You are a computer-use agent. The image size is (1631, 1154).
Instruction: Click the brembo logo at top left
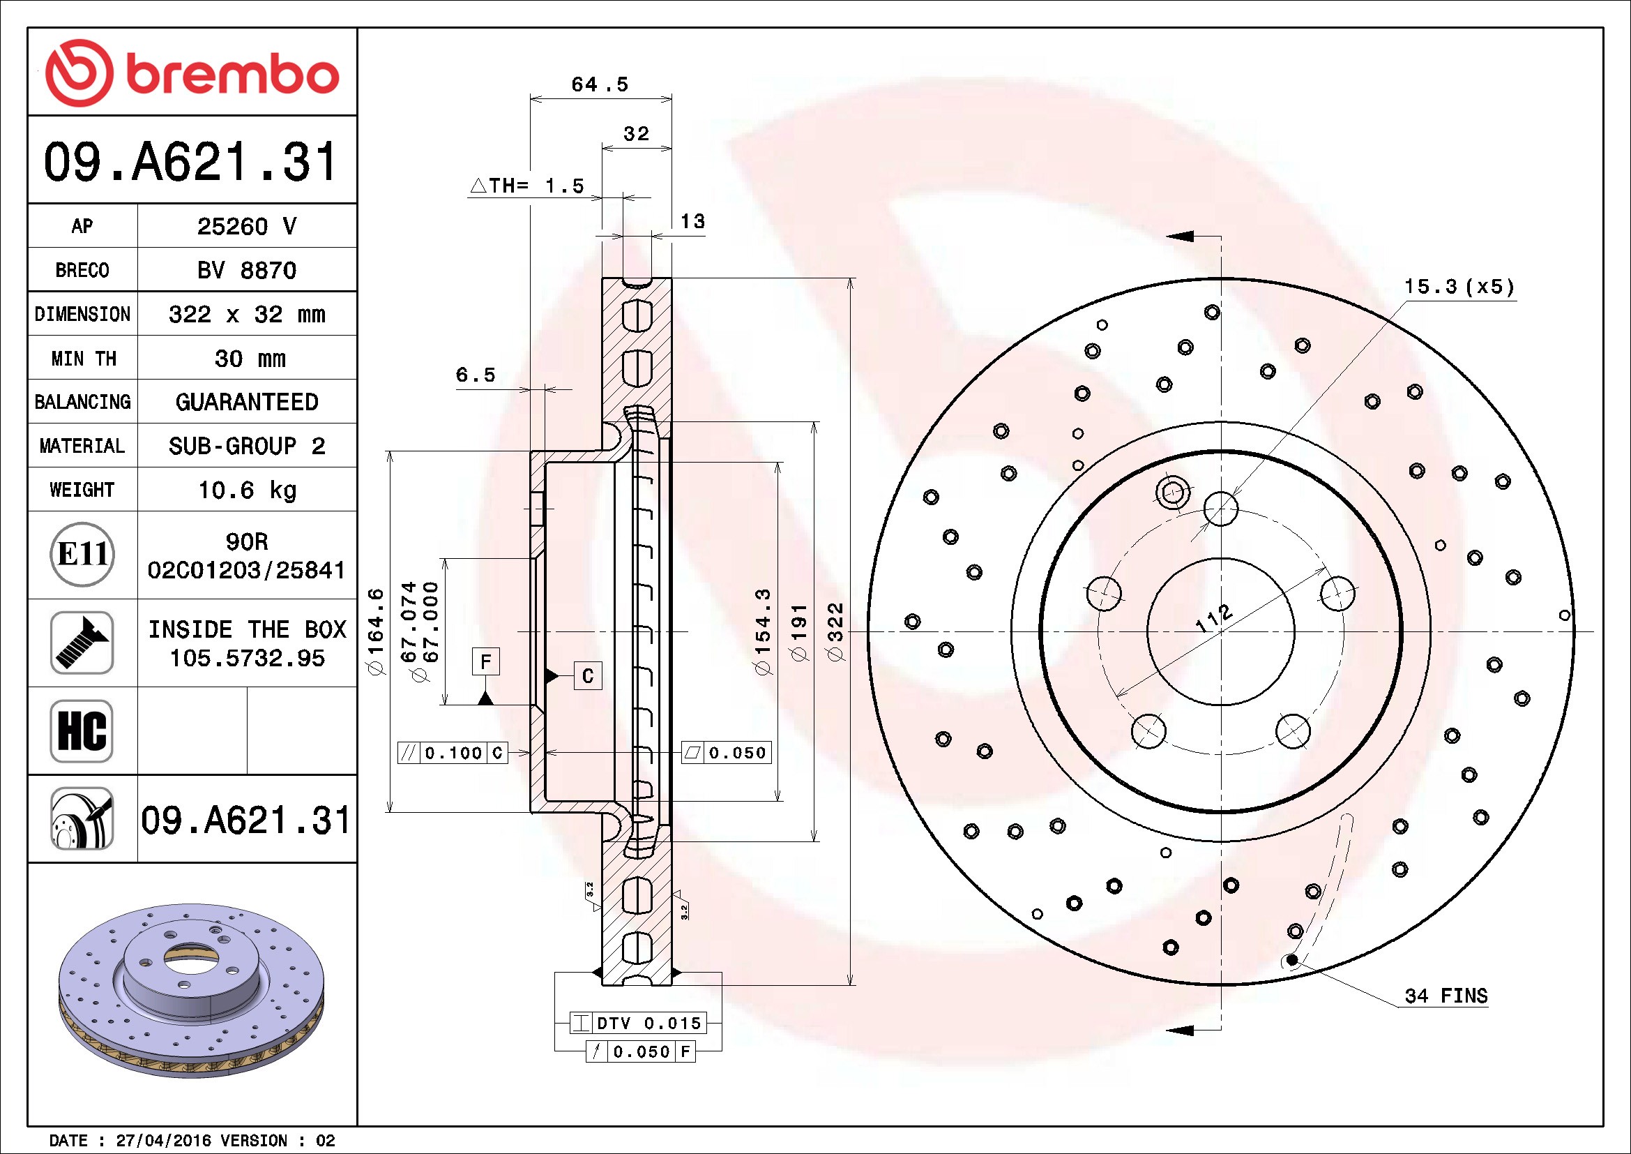192,73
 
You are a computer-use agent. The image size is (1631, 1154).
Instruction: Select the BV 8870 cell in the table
246,270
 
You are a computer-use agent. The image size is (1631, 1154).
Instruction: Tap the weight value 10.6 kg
246,490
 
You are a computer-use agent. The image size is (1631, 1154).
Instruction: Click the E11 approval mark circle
82,554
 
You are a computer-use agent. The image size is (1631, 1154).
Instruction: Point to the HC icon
82,730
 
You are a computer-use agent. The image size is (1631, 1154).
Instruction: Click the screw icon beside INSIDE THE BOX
82,643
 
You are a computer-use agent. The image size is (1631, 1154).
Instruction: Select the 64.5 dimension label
600,84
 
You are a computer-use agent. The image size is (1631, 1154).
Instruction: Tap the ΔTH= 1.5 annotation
527,186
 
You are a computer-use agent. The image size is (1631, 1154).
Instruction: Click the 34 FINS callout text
1446,996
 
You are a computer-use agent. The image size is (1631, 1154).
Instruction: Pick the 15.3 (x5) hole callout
1459,286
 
